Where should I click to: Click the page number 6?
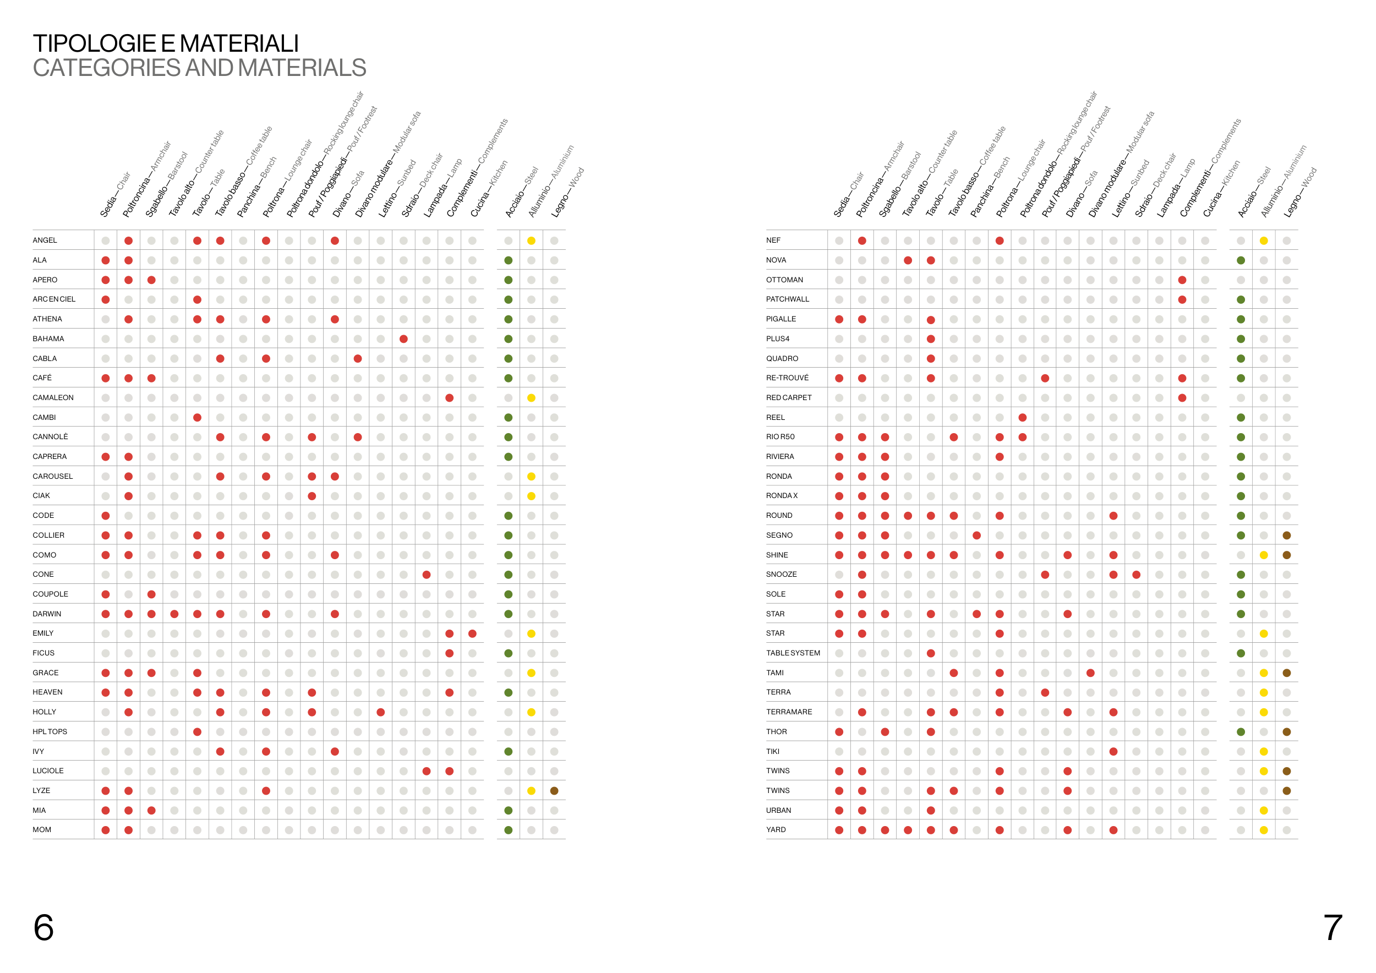(x=43, y=927)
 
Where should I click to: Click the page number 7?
(x=1333, y=927)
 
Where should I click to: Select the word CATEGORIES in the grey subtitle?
(x=106, y=68)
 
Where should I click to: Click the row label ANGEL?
(x=45, y=240)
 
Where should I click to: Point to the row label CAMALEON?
(x=53, y=398)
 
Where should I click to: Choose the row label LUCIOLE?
(x=48, y=771)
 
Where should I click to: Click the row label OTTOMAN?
(x=784, y=280)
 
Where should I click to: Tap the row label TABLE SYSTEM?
(x=793, y=653)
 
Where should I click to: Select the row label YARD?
(x=776, y=830)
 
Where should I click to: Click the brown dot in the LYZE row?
(x=554, y=791)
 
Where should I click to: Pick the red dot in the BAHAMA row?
(x=404, y=339)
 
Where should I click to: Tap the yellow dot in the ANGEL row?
(x=532, y=241)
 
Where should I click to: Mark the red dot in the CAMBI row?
(x=197, y=418)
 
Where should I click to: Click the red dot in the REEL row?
(x=1023, y=418)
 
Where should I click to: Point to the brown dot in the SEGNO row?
(x=1287, y=535)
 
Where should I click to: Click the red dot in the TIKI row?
(x=1113, y=751)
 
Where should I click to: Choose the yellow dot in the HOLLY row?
(x=532, y=712)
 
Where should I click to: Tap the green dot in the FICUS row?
(x=508, y=653)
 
